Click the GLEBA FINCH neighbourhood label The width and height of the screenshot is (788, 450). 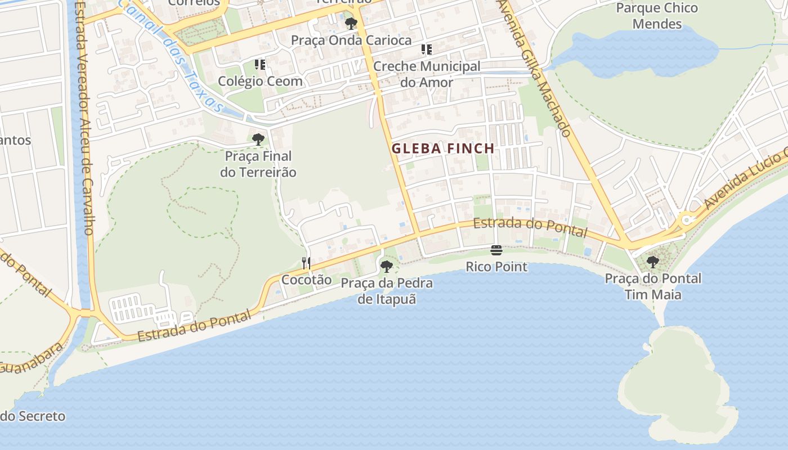[x=443, y=149]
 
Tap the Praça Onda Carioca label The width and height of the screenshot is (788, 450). [x=351, y=40]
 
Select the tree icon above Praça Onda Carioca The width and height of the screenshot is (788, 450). [x=351, y=24]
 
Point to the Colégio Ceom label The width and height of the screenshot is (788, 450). [x=260, y=81]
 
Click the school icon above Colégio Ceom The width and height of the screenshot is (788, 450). [x=259, y=65]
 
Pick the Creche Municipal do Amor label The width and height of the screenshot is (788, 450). [x=427, y=74]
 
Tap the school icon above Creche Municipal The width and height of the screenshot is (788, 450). [x=427, y=49]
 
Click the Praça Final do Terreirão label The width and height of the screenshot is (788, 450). [x=258, y=164]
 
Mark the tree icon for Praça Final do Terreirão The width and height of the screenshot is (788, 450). [x=258, y=139]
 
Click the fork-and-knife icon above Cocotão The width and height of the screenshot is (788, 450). [x=306, y=263]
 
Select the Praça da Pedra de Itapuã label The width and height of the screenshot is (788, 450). [x=387, y=291]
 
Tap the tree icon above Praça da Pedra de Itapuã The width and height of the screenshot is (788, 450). [x=386, y=267]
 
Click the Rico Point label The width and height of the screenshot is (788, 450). [x=496, y=267]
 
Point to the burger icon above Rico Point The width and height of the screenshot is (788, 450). [x=496, y=250]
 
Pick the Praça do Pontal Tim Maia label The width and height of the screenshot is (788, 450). [x=653, y=286]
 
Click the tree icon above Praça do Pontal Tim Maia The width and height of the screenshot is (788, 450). [x=653, y=262]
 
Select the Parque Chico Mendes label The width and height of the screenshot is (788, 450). [x=657, y=16]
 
